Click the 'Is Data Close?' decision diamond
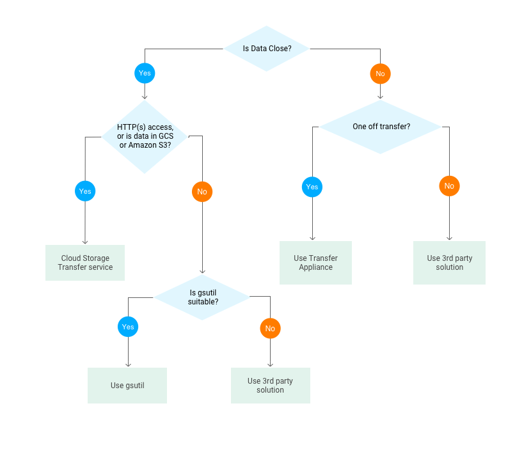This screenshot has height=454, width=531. tap(266, 49)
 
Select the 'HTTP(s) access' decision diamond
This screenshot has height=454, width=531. tap(145, 136)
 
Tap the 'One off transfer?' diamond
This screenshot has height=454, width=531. tap(381, 127)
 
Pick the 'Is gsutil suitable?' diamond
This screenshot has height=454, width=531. tap(203, 297)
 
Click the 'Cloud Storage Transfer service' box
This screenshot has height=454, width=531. tap(85, 263)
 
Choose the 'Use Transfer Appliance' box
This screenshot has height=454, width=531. tap(315, 263)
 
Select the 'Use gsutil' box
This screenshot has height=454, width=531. tap(127, 386)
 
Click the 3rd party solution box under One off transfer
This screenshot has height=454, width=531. tap(449, 263)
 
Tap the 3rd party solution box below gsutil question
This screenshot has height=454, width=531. tap(270, 386)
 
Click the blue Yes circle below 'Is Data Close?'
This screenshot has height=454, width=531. tap(145, 73)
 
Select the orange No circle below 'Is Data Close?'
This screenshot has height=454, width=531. tap(380, 74)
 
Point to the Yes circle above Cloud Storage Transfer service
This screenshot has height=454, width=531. tap(85, 191)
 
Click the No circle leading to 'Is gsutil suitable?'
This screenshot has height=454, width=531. tap(202, 192)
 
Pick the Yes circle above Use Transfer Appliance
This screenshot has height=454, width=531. tap(312, 187)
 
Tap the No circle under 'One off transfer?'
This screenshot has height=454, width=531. tap(449, 186)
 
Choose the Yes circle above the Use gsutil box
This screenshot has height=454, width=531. tap(128, 327)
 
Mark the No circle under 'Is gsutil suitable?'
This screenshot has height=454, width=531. tap(270, 329)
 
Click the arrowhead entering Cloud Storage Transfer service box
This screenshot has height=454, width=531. tap(85, 242)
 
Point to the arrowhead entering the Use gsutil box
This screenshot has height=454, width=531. tap(128, 365)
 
